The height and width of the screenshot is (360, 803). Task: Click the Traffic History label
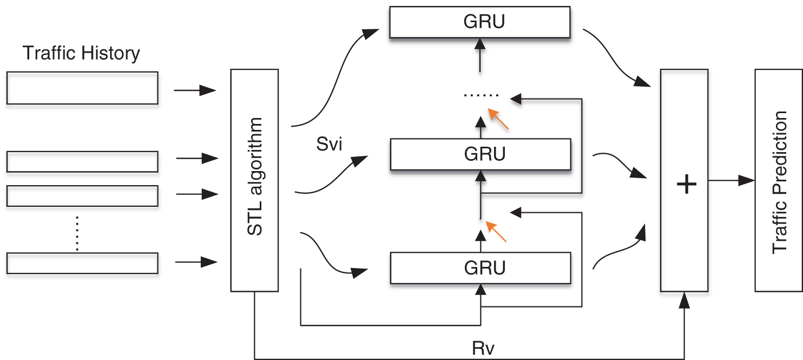click(x=82, y=54)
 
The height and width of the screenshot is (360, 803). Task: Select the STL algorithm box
click(x=254, y=180)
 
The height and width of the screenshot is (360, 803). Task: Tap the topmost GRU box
click(x=480, y=22)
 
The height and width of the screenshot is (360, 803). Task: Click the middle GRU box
click(x=480, y=154)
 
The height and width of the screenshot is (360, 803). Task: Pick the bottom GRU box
click(x=480, y=267)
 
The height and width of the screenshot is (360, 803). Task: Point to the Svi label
click(x=329, y=145)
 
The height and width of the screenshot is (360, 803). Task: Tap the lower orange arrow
click(x=496, y=232)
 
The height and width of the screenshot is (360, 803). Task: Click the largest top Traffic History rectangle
click(x=82, y=88)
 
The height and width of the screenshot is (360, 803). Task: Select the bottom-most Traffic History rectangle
click(x=82, y=263)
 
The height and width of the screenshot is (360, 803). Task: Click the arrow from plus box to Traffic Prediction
click(x=730, y=181)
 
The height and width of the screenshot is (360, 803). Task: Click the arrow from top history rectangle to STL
click(x=195, y=91)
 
